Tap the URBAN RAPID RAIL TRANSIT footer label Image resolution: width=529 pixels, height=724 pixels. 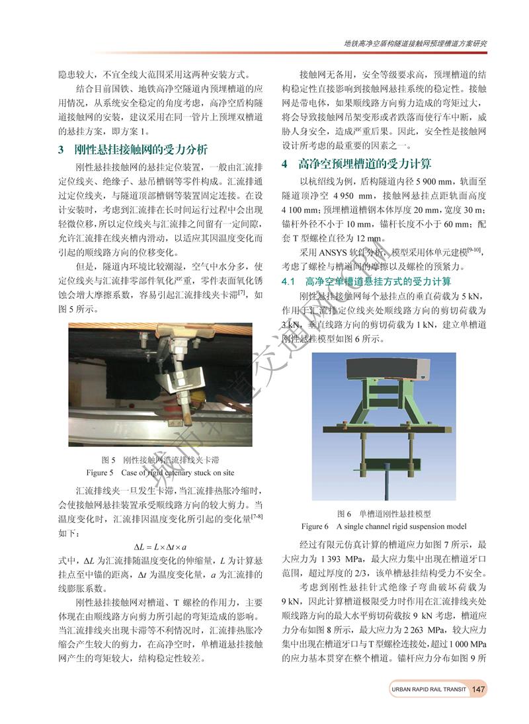[427, 690]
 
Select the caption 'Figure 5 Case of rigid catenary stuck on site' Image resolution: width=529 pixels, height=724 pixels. [160, 473]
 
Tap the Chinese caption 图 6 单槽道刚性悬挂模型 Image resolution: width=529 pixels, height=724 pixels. [388, 513]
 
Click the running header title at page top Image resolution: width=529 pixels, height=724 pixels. [417, 43]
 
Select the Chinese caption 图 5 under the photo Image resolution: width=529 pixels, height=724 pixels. [161, 460]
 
